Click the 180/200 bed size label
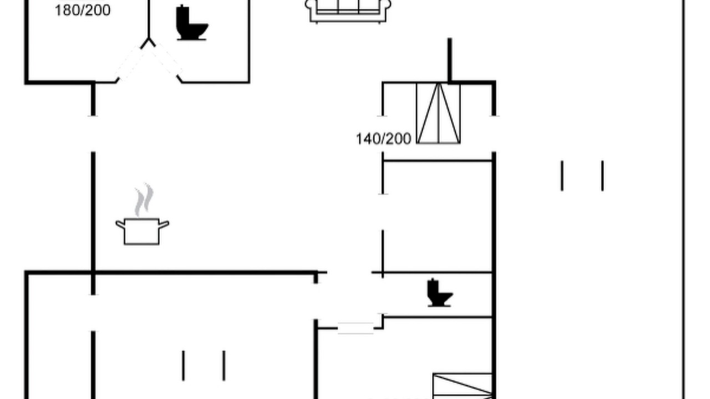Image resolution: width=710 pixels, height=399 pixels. click(83, 11)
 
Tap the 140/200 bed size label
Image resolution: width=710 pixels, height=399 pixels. click(383, 139)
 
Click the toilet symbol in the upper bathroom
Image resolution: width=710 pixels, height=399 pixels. click(191, 23)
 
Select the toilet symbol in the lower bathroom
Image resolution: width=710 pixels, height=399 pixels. click(439, 293)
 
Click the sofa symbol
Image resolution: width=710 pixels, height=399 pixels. click(348, 11)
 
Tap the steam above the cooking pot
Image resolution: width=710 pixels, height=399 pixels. click(144, 199)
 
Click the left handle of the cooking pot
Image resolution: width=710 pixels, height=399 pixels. click(120, 224)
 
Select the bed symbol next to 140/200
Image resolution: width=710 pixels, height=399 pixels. click(438, 114)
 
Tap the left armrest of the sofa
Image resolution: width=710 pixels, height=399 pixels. click(311, 6)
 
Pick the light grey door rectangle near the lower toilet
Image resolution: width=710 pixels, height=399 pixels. click(356, 328)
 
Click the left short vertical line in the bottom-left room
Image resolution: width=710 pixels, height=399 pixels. click(183, 365)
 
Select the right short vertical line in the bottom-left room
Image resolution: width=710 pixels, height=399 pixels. click(224, 365)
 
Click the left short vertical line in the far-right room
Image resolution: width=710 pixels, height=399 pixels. click(562, 176)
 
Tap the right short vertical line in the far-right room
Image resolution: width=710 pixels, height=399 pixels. click(602, 176)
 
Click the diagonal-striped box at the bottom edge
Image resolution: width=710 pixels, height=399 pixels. click(463, 386)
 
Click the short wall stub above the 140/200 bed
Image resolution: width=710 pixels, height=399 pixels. click(449, 60)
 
